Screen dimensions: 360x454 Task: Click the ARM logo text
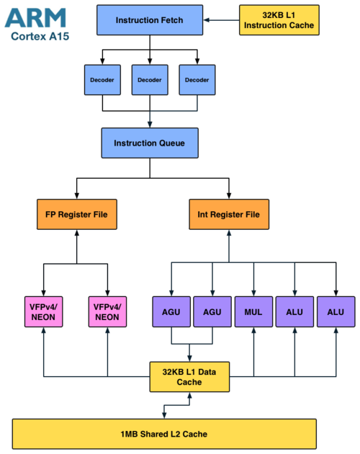coord(35,18)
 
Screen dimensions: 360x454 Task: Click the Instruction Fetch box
coord(150,20)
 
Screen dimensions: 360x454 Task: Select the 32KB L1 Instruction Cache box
coord(279,20)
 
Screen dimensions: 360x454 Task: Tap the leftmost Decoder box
coord(102,79)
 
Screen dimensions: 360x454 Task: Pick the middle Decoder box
coord(150,79)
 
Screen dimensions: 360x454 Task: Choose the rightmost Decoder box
coord(197,79)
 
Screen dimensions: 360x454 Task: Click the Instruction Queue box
coord(150,143)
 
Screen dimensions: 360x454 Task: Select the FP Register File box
coord(77,214)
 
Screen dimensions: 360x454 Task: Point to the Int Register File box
coord(229,214)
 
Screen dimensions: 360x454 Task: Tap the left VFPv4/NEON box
coord(43,311)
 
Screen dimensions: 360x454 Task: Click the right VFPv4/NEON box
coord(107,311)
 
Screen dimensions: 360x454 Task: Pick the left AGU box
coord(171,311)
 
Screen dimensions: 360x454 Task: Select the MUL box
coord(253,311)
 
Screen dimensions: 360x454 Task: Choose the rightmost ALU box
coord(336,311)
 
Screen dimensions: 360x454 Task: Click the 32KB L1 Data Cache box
coord(189,377)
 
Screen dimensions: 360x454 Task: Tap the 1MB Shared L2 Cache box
coord(164,434)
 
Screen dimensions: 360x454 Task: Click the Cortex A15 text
coord(40,37)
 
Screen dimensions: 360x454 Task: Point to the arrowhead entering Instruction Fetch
coord(206,20)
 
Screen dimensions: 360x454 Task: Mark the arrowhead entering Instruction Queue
coord(150,125)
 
